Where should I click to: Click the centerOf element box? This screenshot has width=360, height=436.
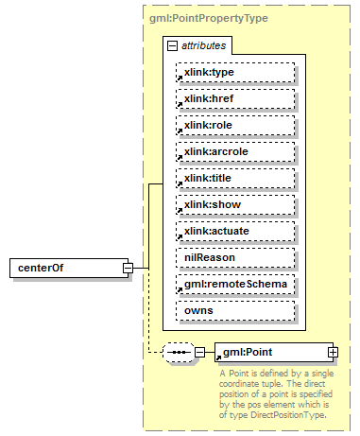(66, 268)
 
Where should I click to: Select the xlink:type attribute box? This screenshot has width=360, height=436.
(235, 72)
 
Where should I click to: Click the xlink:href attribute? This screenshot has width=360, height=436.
(235, 98)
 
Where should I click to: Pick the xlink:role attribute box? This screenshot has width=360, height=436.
(235, 125)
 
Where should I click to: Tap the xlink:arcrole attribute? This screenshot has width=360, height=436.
(235, 151)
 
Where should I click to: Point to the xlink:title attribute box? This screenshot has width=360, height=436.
(235, 178)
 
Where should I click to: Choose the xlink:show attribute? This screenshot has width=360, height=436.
(235, 204)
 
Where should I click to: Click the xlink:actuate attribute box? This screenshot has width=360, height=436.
(235, 231)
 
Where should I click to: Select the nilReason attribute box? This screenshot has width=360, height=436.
(235, 257)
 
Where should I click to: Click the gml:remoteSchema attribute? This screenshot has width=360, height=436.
(235, 284)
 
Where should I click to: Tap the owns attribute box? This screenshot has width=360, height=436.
(235, 310)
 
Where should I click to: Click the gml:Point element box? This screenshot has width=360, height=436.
(269, 353)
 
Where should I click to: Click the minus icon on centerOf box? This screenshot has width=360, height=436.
(127, 268)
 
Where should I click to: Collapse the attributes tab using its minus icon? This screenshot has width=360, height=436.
(171, 44)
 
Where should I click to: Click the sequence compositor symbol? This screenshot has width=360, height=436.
(178, 353)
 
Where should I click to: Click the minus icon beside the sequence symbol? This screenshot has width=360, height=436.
(199, 353)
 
